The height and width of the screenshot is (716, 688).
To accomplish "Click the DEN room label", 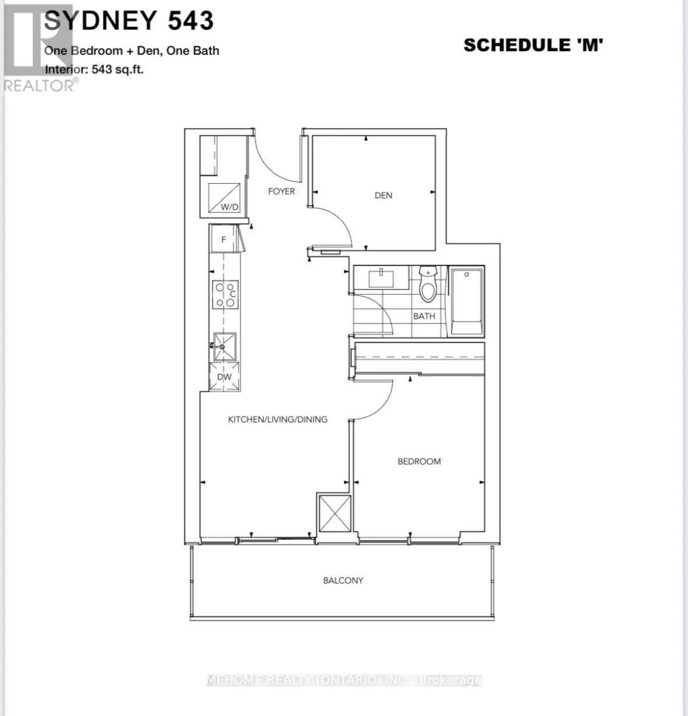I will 383,195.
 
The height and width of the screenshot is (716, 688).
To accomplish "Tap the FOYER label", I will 281,191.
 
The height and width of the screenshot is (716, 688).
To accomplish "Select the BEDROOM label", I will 419,461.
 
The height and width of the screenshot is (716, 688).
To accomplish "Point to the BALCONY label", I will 343,580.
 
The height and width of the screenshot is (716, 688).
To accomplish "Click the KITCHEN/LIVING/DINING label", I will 277,419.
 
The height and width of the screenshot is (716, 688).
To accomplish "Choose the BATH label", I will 424,316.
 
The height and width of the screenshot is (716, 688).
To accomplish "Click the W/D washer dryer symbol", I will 226,199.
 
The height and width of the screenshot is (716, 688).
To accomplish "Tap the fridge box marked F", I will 224,240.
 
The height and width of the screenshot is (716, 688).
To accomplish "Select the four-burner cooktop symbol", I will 225,295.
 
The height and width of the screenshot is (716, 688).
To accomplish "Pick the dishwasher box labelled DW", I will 224,377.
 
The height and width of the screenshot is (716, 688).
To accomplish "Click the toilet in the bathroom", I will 428,285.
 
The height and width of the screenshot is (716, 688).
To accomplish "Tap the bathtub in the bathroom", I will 467,301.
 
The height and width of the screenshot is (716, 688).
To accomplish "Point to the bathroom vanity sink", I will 380,277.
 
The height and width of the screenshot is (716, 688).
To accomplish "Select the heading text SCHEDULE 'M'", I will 533,45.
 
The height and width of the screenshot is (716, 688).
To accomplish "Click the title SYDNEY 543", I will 128,21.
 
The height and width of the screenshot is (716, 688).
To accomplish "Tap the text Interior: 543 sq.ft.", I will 94,69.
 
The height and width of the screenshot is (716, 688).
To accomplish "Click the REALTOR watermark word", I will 39,86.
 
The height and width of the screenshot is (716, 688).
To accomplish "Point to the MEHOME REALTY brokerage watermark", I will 344,680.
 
